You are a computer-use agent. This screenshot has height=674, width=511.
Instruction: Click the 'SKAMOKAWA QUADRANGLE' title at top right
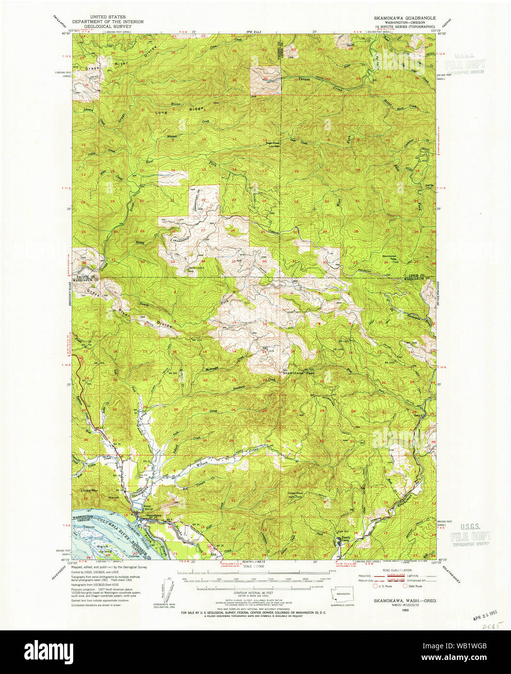(404, 17)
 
